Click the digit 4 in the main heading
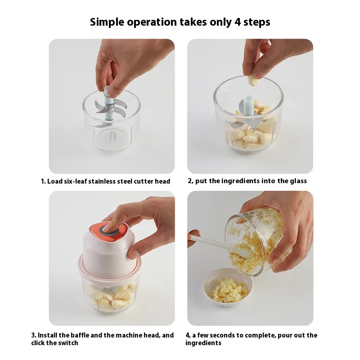pos(238,22)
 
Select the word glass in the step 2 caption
pos(298,181)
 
